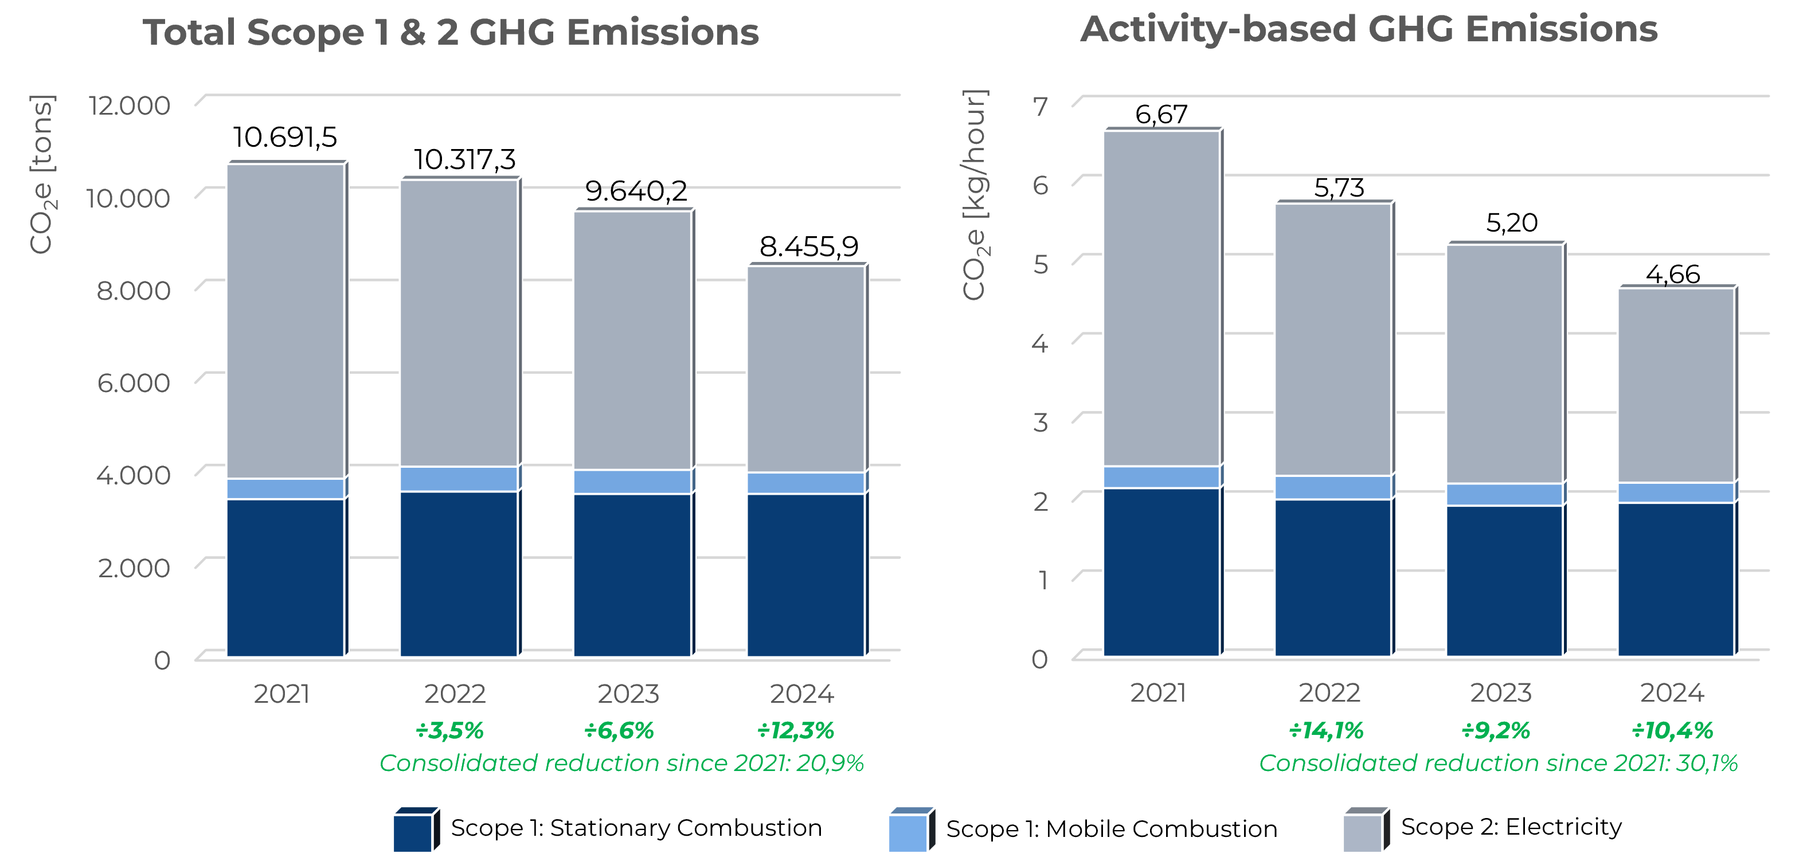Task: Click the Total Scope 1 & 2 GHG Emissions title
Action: click(x=451, y=33)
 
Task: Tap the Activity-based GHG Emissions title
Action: click(x=1368, y=30)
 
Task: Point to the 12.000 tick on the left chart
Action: click(x=130, y=105)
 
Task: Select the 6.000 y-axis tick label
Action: click(x=133, y=384)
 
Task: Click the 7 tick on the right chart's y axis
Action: click(x=1041, y=107)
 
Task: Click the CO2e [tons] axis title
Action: click(x=42, y=175)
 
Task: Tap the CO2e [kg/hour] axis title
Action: click(x=973, y=196)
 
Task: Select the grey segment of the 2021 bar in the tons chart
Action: click(x=285, y=322)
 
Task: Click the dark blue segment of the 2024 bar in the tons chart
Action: click(x=805, y=575)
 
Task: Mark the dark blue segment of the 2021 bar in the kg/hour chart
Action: click(x=1161, y=572)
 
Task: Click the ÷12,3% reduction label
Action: click(x=795, y=731)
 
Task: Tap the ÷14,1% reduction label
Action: click(x=1325, y=731)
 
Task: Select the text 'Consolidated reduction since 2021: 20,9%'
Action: click(x=621, y=763)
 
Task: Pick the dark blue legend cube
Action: click(x=414, y=831)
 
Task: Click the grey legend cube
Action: click(x=1364, y=831)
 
